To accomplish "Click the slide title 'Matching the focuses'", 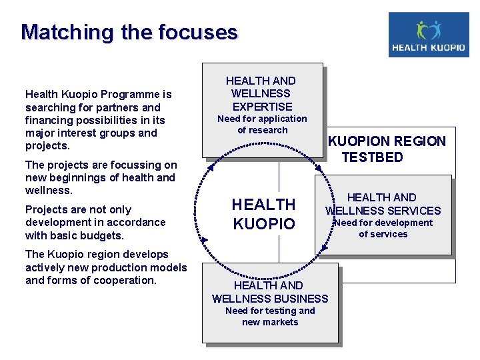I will coord(129,32).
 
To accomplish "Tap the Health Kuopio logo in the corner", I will coord(428,35).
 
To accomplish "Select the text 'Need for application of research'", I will coord(262,125).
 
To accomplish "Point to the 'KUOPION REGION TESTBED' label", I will coord(387,149).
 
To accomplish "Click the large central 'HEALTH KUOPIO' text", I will coord(263,214).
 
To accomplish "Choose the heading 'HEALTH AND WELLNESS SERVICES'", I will coord(383,204).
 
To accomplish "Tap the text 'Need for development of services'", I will coord(383,229).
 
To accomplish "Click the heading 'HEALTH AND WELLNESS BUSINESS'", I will coord(270,292).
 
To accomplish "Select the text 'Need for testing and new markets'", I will coord(270,317).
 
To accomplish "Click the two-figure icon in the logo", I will coord(429,29).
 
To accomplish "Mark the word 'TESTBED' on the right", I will coord(373,157).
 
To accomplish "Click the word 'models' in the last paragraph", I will coord(169,267).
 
